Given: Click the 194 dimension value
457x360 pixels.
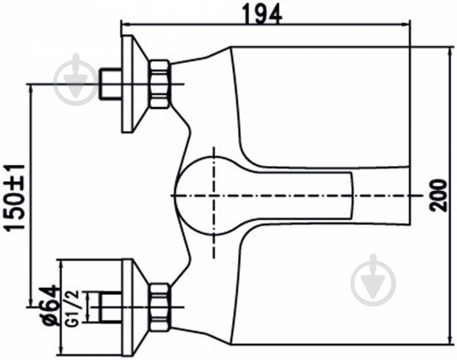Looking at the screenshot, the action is point(262,13).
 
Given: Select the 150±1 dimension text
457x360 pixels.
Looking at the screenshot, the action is point(15,198).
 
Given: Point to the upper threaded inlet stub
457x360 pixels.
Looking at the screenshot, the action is point(110,84).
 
